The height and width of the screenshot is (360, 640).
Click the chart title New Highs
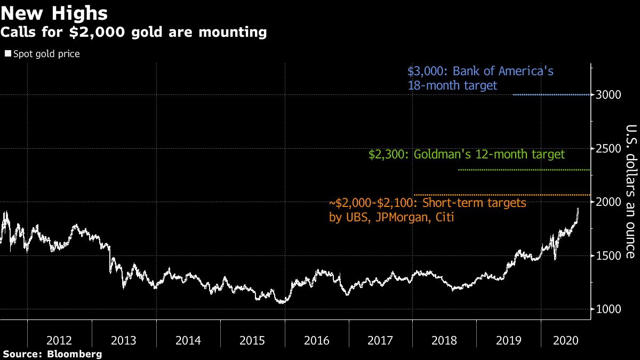click(54, 13)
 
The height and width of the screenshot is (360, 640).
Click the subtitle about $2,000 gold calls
click(133, 33)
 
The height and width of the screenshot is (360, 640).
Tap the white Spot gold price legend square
click(7, 54)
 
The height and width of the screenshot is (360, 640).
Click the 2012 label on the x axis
click(60, 340)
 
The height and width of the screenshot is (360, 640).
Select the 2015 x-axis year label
click(252, 340)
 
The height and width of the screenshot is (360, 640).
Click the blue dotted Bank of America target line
click(551, 95)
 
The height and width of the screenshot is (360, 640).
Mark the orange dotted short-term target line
click(501, 195)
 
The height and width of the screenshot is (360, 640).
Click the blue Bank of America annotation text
click(481, 78)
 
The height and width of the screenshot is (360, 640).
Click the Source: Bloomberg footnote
click(52, 354)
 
